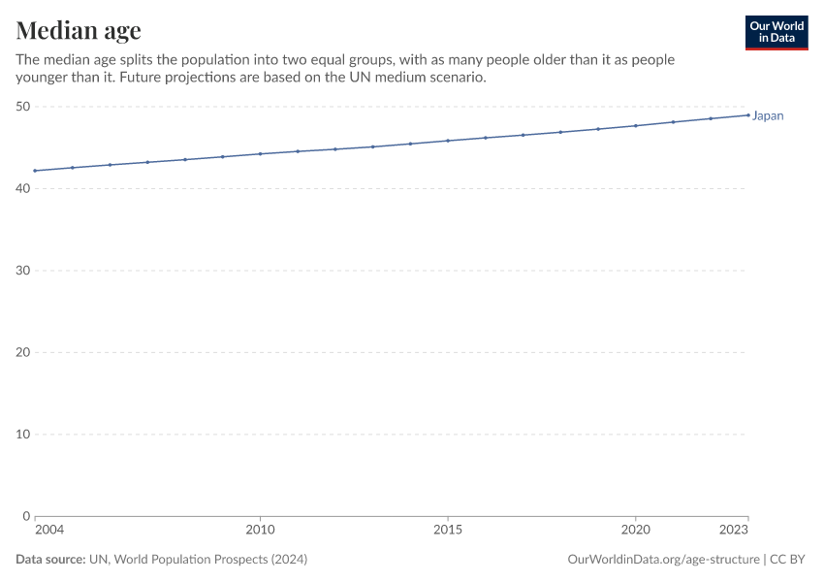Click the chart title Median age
point(79,30)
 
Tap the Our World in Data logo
point(776,32)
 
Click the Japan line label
point(768,116)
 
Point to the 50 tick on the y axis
point(22,107)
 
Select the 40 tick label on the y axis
point(22,188)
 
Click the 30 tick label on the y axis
point(22,271)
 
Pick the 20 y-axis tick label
point(22,352)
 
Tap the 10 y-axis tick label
point(22,434)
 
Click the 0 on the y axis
point(26,516)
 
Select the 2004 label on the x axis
point(49,530)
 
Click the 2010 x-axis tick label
point(260,530)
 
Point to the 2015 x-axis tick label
point(448,530)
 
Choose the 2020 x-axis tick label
point(635,530)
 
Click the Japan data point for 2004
point(35,171)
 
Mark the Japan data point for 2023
point(748,115)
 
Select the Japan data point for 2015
point(448,141)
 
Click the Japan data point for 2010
point(260,154)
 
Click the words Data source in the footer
point(50,560)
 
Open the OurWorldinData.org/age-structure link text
point(663,560)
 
